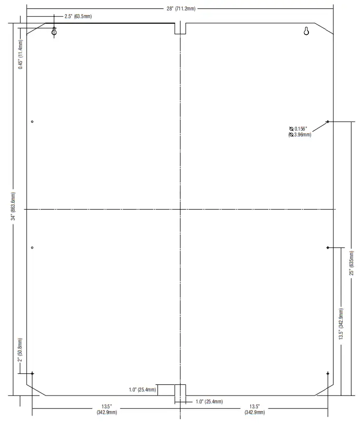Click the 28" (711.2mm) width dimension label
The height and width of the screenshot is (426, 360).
tap(180, 9)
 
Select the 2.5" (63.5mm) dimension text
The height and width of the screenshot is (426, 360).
tap(78, 16)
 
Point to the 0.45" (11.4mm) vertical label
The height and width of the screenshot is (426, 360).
tap(21, 54)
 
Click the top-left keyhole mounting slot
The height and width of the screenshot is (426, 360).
tap(54, 32)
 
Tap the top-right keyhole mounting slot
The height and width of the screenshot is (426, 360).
tap(306, 32)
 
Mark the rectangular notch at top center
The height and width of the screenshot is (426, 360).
tap(180, 28)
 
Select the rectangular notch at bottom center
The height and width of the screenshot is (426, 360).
tap(180, 390)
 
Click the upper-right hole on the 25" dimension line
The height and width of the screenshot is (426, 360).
tap(328, 122)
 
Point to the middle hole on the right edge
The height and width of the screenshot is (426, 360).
tap(328, 247)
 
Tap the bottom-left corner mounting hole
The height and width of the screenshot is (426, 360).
tap(33, 374)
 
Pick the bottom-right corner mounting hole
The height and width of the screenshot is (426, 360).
tap(328, 374)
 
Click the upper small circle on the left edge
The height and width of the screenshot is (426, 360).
tap(33, 122)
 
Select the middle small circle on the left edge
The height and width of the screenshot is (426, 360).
tap(33, 247)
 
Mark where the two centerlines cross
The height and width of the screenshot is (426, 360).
tap(180, 210)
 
